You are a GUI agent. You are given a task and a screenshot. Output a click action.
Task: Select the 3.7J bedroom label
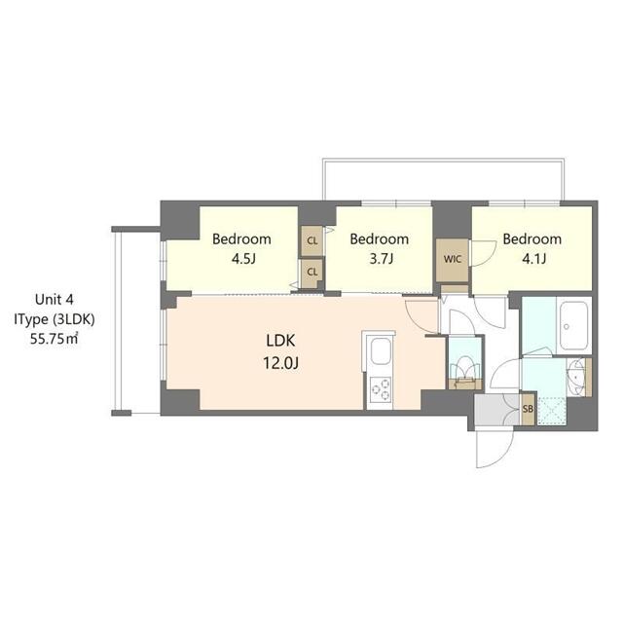pyautogui.click(x=379, y=248)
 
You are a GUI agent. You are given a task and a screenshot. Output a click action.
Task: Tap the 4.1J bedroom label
pyautogui.click(x=531, y=248)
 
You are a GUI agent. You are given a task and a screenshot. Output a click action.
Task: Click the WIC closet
pyautogui.click(x=452, y=260)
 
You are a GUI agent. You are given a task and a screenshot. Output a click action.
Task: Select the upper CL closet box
pyautogui.click(x=312, y=239)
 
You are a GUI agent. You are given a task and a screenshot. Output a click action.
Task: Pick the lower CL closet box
pyautogui.click(x=312, y=271)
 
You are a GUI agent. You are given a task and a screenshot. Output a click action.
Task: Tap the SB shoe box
pyautogui.click(x=528, y=408)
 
